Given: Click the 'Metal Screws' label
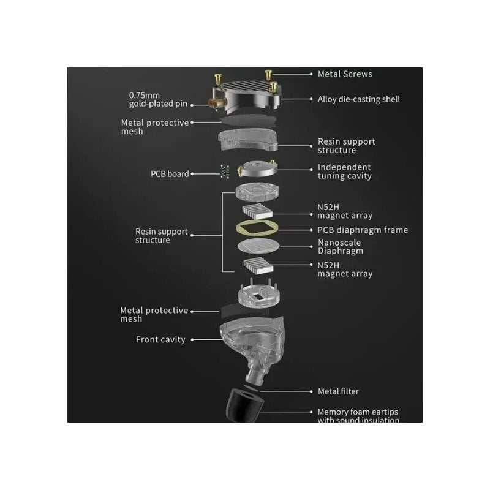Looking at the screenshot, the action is pyautogui.click(x=345, y=74).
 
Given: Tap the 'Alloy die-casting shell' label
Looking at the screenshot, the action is pyautogui.click(x=359, y=99).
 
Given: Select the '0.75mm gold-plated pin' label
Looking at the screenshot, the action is pyautogui.click(x=158, y=99).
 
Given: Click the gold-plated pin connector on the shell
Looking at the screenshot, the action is pyautogui.click(x=216, y=102).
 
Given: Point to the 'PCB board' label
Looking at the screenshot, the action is pyautogui.click(x=170, y=174).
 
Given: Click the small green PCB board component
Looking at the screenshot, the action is pyautogui.click(x=225, y=171).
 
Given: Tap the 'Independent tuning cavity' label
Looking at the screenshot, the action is pyautogui.click(x=345, y=171).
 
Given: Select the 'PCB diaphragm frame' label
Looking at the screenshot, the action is pyautogui.click(x=363, y=230).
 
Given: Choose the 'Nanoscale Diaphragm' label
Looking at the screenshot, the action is pyautogui.click(x=341, y=247).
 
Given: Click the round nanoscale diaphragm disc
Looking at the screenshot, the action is pyautogui.click(x=258, y=246).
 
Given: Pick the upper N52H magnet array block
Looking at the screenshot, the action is pyautogui.click(x=257, y=211).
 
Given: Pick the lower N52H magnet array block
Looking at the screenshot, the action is pyautogui.click(x=258, y=266).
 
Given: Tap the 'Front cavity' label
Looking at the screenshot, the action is pyautogui.click(x=160, y=340).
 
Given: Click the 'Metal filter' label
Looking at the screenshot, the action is pyautogui.click(x=338, y=391).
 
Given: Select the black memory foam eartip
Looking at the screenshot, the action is pyautogui.click(x=244, y=405).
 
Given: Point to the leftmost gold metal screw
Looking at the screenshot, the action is pyautogui.click(x=218, y=79).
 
